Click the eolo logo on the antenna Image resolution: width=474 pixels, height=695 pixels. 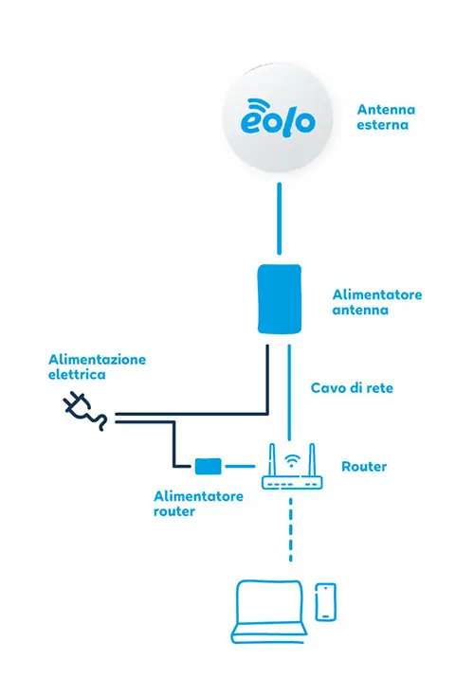click(279, 119)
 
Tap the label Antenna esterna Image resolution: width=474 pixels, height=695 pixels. click(385, 116)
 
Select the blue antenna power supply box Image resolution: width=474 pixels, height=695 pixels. click(280, 298)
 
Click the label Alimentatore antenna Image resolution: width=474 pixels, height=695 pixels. click(377, 302)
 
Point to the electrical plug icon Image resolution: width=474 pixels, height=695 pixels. click(83, 409)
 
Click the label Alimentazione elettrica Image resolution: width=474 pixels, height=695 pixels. click(98, 367)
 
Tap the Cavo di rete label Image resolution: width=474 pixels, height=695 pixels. click(353, 388)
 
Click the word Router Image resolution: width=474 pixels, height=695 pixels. click(364, 467)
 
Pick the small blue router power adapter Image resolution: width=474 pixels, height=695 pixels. click(208, 466)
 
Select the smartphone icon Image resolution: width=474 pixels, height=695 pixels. click(325, 601)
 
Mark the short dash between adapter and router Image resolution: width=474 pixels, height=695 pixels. click(242, 466)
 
